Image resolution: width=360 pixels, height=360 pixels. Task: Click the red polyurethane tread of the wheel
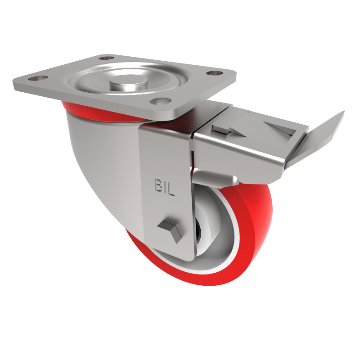coord(252,234)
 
